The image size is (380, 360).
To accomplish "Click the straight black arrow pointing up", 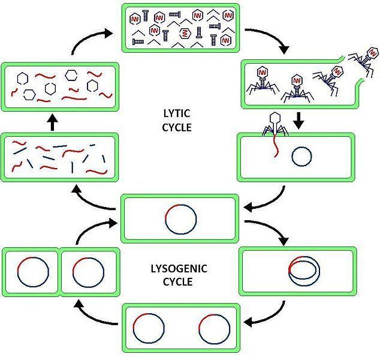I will [x=52, y=122].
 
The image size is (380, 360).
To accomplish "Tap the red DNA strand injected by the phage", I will [x=277, y=146].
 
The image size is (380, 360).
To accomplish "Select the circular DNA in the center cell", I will [x=180, y=220].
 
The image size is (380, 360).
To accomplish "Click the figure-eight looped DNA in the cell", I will [x=304, y=271].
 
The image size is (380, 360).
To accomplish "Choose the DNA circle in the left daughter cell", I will [x=31, y=273].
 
